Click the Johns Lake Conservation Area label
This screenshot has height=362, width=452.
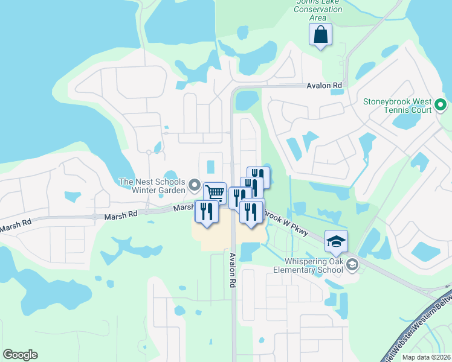click(318, 10)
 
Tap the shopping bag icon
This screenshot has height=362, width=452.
click(320, 35)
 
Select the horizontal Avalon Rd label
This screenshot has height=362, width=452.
click(324, 86)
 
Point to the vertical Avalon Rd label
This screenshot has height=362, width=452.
click(232, 270)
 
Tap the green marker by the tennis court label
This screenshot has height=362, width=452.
click(441, 106)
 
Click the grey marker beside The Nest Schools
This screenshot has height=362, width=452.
click(194, 185)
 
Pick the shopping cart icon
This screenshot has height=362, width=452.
click(215, 193)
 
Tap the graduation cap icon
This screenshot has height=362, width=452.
click(336, 241)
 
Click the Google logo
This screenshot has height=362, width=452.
click(20, 355)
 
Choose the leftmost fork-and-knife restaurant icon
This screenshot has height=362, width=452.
click(206, 211)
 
